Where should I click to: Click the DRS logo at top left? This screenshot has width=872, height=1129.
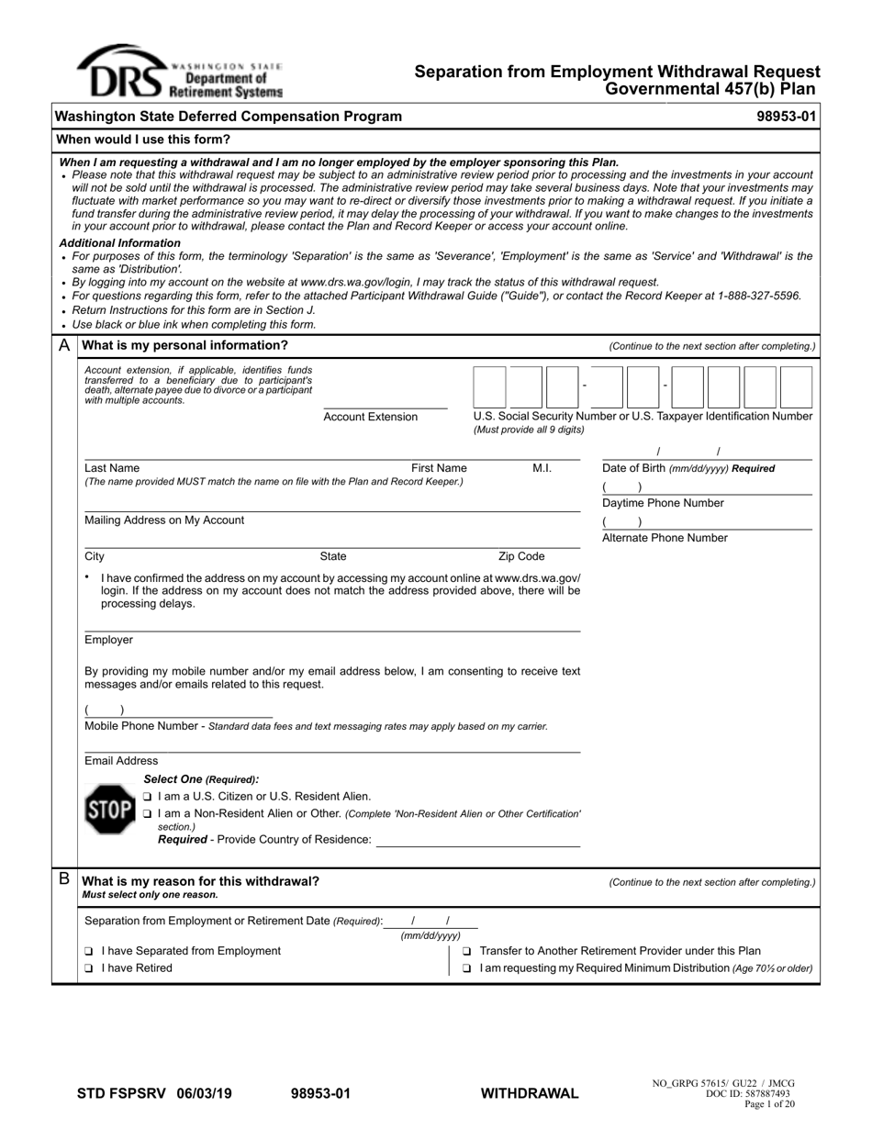coord(180,73)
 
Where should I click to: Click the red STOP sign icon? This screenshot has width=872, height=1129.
coord(109,810)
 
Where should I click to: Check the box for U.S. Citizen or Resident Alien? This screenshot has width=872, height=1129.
coord(148,797)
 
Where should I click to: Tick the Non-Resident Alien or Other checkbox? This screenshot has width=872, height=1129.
coord(148,814)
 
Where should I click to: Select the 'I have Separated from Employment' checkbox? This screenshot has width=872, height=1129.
coord(89,952)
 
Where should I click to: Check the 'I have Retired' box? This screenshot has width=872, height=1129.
coord(89,968)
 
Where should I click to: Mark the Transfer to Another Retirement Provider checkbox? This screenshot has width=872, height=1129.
coord(467,952)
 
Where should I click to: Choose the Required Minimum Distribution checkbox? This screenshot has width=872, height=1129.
coord(467,968)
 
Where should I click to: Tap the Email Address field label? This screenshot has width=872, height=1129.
coord(121,761)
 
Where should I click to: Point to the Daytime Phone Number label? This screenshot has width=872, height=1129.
coord(663,503)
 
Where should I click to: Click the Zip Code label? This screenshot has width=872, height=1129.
coord(521,556)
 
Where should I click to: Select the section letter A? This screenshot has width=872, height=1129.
coord(64,346)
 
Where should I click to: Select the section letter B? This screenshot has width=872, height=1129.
coord(64,879)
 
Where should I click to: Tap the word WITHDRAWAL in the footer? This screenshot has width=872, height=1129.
coord(530,1093)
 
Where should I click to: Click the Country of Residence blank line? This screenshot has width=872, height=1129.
coord(478,842)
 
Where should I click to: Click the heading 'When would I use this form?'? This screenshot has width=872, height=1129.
coord(144,140)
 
